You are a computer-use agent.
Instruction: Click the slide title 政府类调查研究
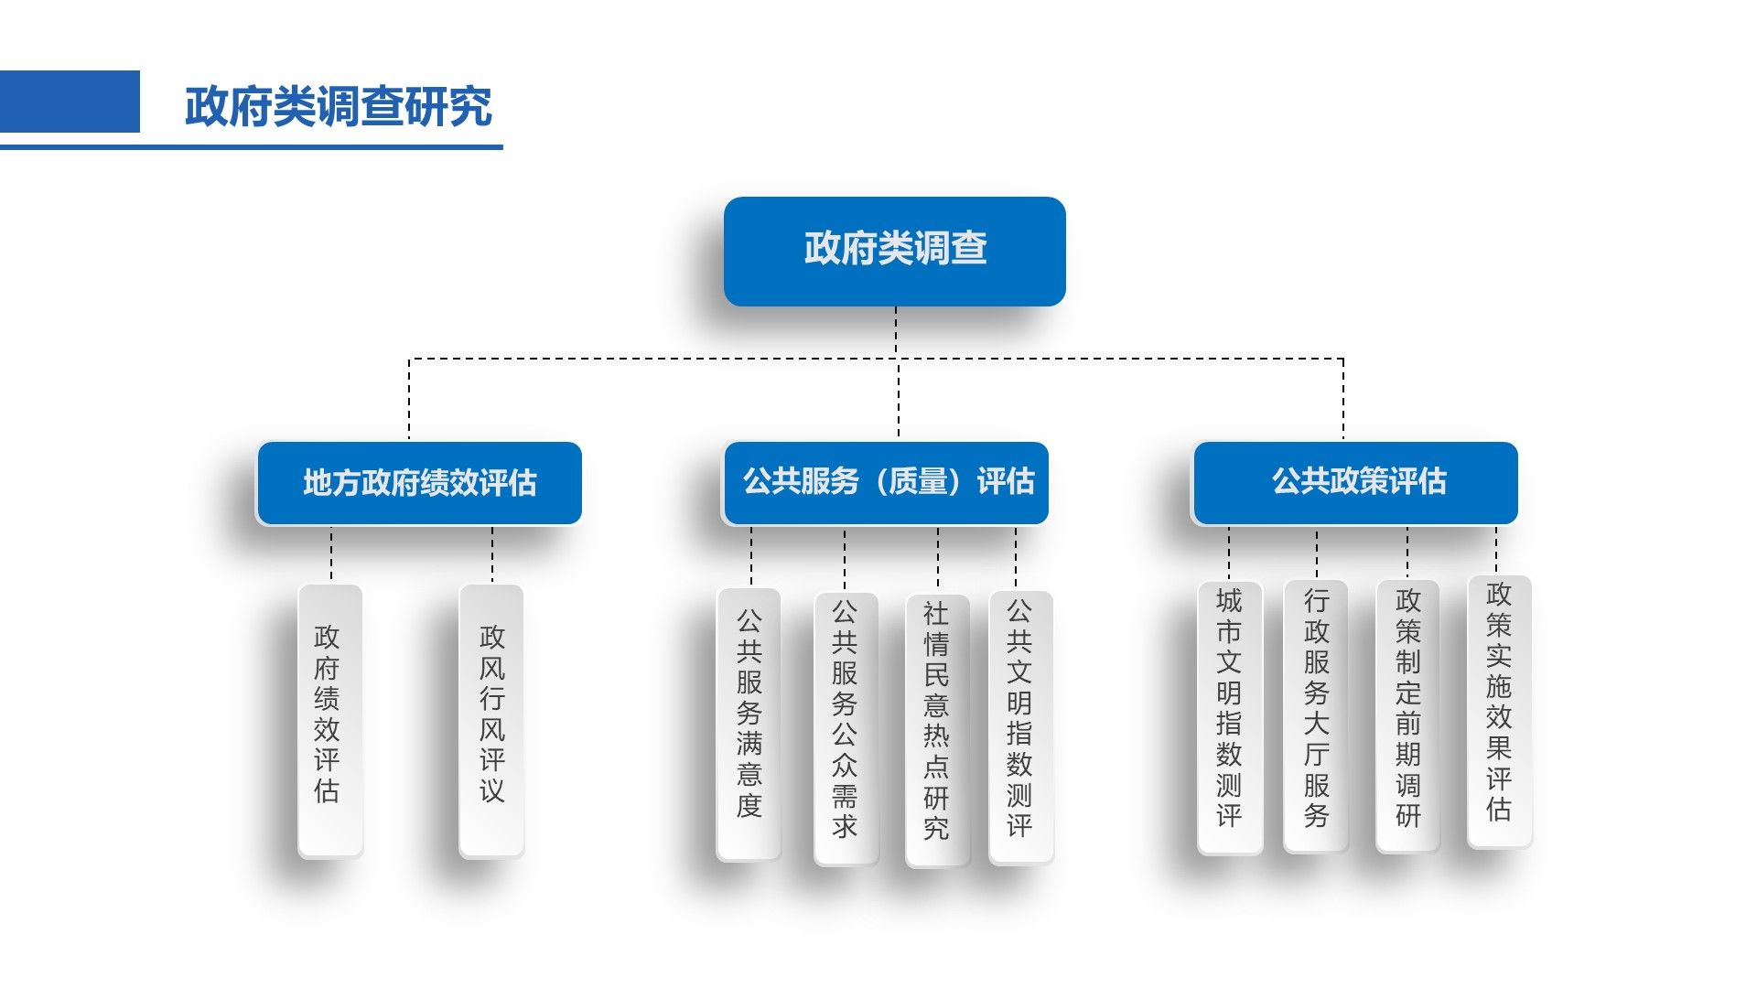(339, 107)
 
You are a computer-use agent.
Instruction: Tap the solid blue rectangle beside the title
(70, 102)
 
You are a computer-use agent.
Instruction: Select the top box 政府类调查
(894, 251)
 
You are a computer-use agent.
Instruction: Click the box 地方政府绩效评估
(419, 483)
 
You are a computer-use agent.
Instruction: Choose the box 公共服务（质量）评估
(886, 482)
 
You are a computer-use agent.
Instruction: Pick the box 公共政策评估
(1355, 482)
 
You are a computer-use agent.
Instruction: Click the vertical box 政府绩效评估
(329, 721)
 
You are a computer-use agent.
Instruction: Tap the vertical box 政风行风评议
(491, 721)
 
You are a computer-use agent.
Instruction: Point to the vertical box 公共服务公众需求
(846, 728)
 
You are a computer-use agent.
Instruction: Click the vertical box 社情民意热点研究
(936, 730)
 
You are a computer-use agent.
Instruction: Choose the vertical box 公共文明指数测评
(1020, 727)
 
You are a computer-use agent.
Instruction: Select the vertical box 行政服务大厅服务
(1315, 716)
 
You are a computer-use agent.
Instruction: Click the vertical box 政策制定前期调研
(1407, 716)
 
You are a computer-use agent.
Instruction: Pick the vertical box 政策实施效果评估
(1499, 712)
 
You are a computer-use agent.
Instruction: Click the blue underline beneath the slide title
(251, 146)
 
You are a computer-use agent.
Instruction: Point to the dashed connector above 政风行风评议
(492, 554)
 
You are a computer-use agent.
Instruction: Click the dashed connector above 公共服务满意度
(751, 556)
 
